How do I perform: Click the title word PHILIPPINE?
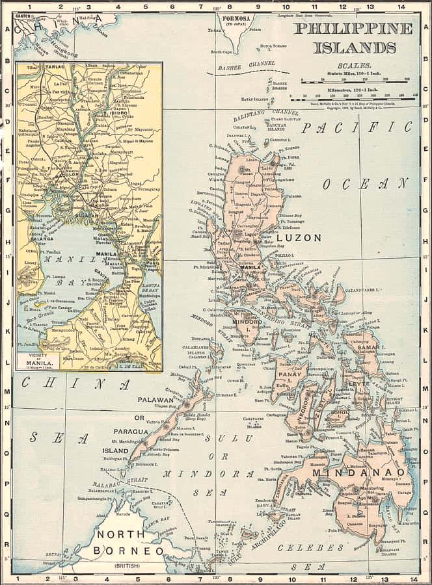tap(353, 29)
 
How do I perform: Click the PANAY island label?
tap(287, 375)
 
